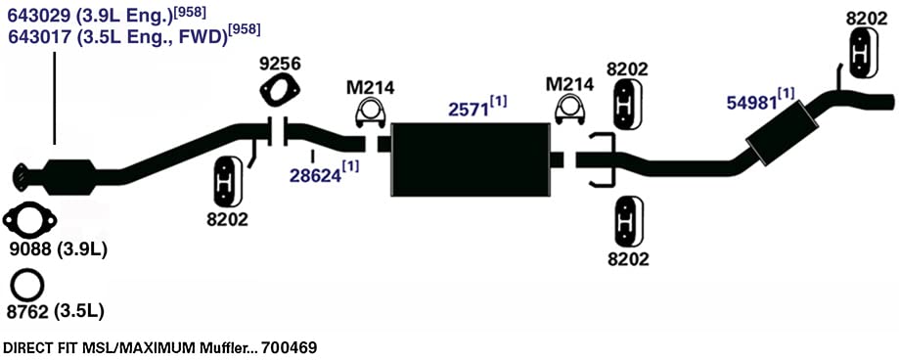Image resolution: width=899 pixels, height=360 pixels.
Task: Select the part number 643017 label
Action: [x=40, y=36]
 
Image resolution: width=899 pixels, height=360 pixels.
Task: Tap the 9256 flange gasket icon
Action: [x=279, y=91]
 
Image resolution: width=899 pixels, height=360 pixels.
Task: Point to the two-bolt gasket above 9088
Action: [x=29, y=220]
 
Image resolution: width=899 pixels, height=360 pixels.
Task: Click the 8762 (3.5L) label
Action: [x=55, y=312]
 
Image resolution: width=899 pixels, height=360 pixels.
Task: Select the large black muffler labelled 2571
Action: [x=470, y=159]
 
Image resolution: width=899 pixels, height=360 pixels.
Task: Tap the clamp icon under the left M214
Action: [x=371, y=112]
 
